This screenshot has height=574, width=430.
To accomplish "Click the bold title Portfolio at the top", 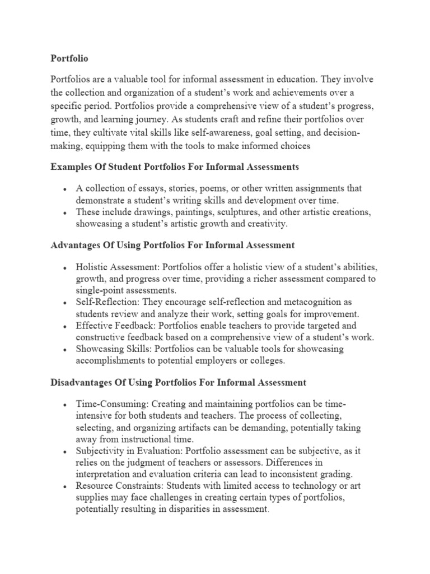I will click(69, 58).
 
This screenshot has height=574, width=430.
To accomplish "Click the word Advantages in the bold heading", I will click(74, 245).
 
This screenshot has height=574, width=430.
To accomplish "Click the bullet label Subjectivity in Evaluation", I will click(129, 451).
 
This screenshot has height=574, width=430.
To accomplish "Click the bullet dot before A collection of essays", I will click(66, 189).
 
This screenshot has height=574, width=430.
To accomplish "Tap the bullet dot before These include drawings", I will click(66, 213).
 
